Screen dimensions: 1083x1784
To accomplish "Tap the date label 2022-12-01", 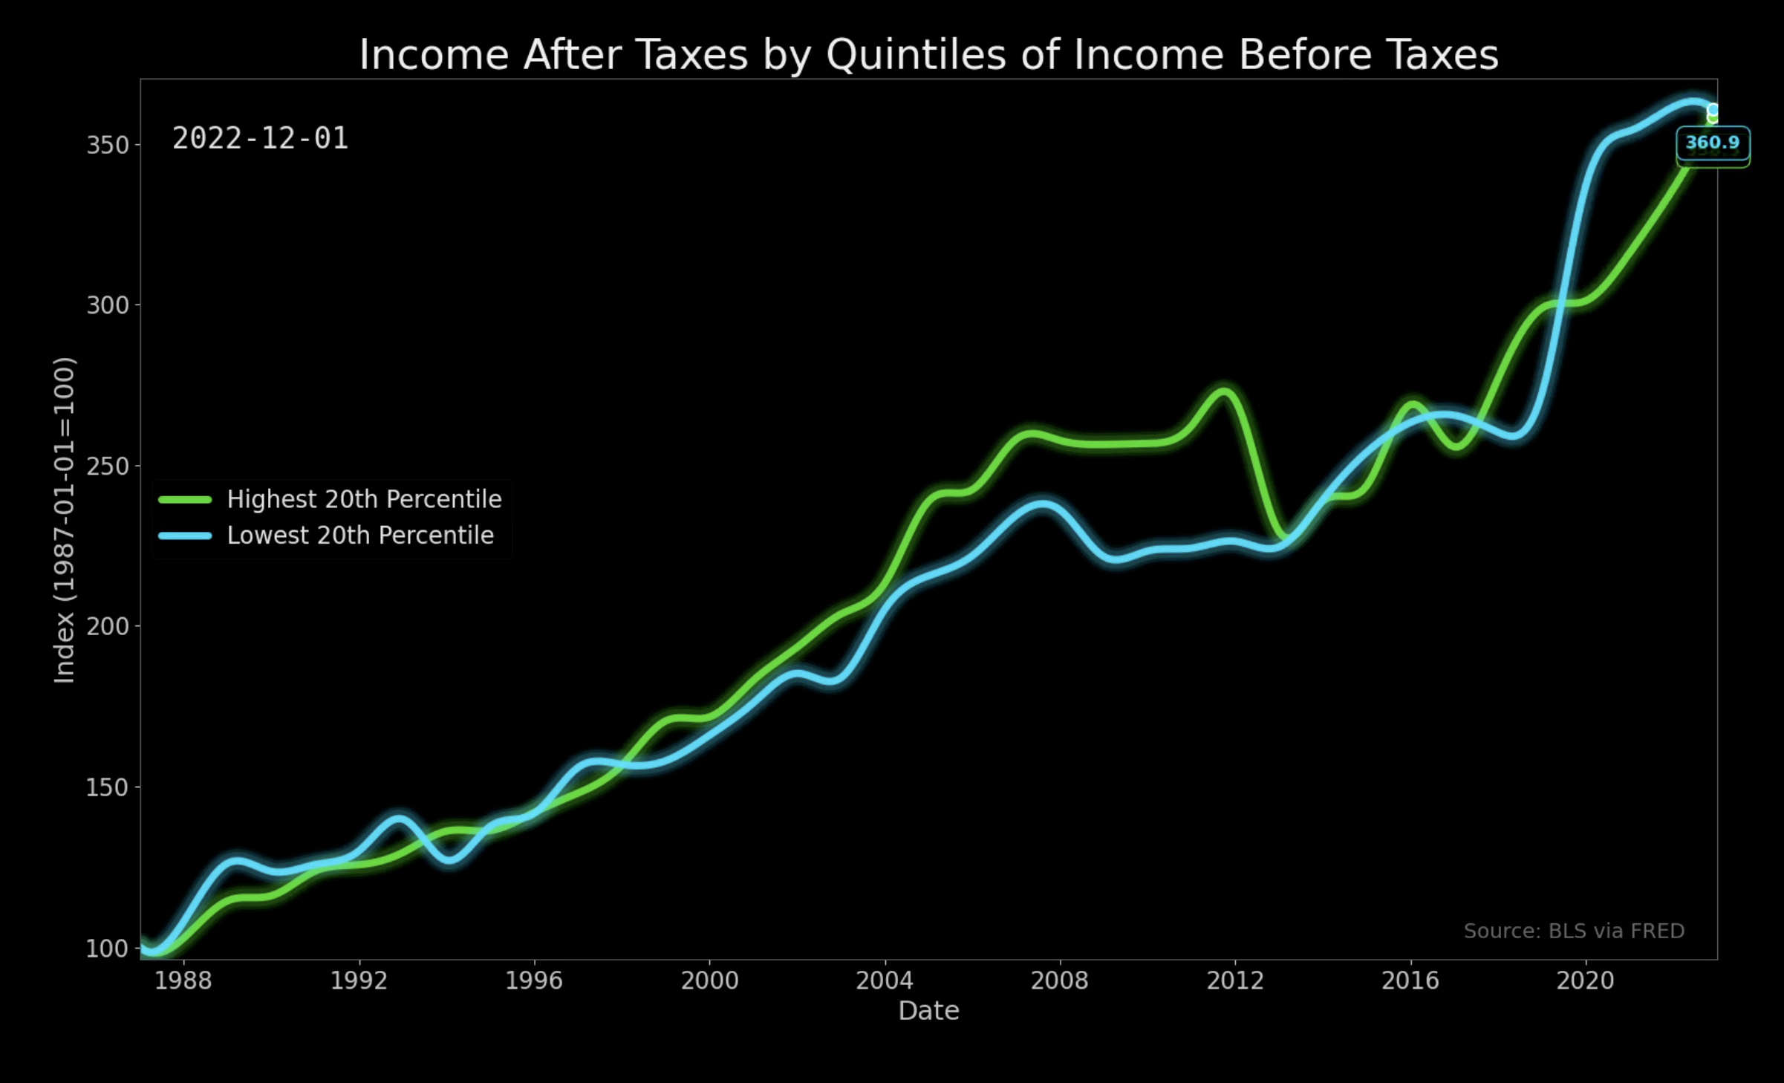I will pos(260,139).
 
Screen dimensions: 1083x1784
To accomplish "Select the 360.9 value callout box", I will pos(1713,143).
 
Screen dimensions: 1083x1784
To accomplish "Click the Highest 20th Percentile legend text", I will pos(364,499).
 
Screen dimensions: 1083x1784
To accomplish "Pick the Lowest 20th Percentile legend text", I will pos(360,536).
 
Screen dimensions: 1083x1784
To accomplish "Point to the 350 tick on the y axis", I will pos(108,145).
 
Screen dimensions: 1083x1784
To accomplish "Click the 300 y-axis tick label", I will pos(108,305).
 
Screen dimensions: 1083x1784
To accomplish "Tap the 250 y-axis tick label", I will pos(108,466).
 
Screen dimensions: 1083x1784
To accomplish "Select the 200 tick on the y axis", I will pos(108,626).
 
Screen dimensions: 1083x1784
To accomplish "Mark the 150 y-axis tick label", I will pos(108,787).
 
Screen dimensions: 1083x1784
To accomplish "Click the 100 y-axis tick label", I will pos(108,949).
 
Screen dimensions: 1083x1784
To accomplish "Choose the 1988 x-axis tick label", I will pos(183,981).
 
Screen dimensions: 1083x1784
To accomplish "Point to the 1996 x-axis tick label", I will pos(534,981).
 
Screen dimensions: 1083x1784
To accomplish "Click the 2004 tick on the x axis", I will pos(885,981).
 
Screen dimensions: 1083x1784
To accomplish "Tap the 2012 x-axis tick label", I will pos(1235,981).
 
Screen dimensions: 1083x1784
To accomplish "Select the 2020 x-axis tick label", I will pos(1586,981).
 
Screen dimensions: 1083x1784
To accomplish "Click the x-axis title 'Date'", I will pos(928,1011).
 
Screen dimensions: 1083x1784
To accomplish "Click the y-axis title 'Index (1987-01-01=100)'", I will pos(65,520).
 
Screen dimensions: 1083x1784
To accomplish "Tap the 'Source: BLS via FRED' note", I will pos(1574,931).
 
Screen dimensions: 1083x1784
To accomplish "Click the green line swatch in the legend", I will pos(185,500).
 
